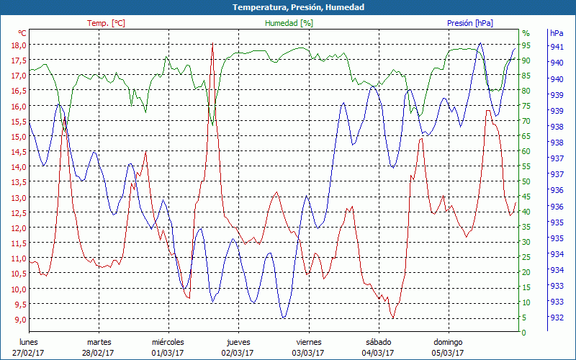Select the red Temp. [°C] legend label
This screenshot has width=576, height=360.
[x=106, y=23]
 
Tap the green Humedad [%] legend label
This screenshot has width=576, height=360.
[x=289, y=23]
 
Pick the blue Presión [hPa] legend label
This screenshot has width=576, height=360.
[x=470, y=23]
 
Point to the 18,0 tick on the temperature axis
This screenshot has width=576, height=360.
[x=18, y=45]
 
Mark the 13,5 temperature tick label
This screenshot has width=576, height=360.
[x=18, y=182]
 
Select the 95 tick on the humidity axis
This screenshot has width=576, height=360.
[x=526, y=45]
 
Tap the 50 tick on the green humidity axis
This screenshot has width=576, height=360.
[x=526, y=181]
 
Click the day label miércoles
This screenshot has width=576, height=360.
[x=168, y=342]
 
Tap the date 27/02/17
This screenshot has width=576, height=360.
[x=28, y=353]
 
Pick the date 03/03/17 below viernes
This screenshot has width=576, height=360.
[x=308, y=353]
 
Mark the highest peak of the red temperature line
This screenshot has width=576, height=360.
[x=212, y=45]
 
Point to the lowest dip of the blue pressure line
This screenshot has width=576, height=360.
[x=284, y=317]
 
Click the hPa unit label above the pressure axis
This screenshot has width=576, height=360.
[x=557, y=33]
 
